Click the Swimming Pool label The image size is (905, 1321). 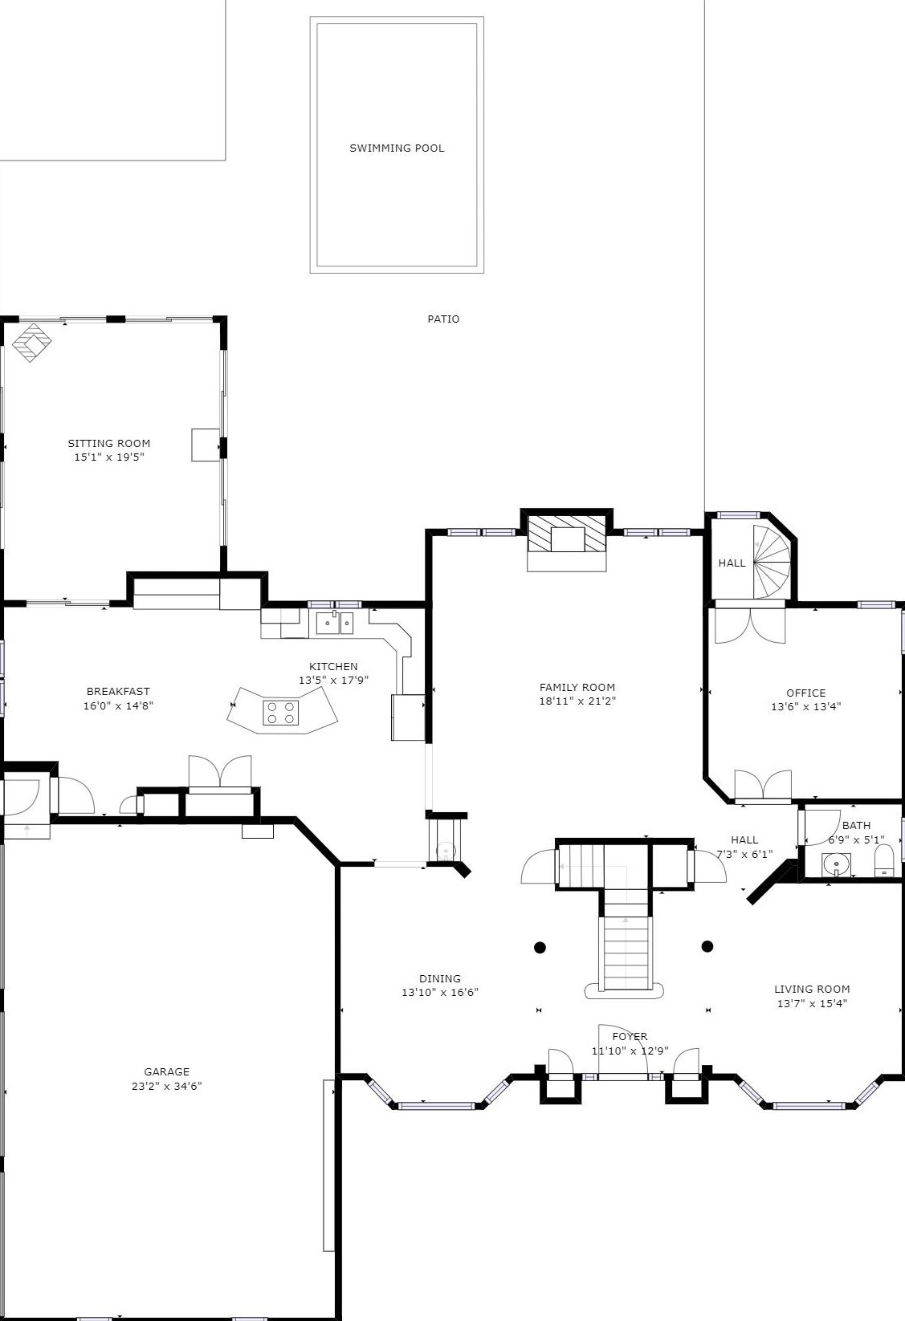(x=397, y=148)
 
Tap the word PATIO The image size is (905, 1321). (x=443, y=319)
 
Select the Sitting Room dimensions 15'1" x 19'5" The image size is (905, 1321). (x=109, y=457)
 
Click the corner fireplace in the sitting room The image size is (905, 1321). (x=32, y=342)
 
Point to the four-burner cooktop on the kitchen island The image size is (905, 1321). (x=280, y=713)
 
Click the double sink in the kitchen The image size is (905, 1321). (x=335, y=624)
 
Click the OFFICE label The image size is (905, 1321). (x=806, y=693)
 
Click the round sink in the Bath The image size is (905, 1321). (x=837, y=865)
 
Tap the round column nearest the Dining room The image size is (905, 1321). (x=540, y=948)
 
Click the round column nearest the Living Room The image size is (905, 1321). (x=707, y=946)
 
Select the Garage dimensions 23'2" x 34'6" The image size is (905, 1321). (x=167, y=1087)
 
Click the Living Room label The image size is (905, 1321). (x=812, y=989)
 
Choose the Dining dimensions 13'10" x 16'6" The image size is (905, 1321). (x=440, y=992)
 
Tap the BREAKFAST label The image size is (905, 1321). (x=118, y=691)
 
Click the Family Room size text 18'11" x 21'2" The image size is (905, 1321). (x=577, y=701)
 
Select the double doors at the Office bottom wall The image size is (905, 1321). (x=763, y=784)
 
